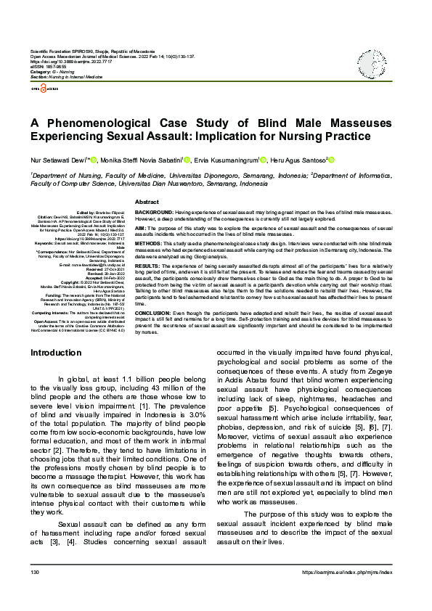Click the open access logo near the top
43,89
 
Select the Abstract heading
147,201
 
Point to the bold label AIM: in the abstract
142,227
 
